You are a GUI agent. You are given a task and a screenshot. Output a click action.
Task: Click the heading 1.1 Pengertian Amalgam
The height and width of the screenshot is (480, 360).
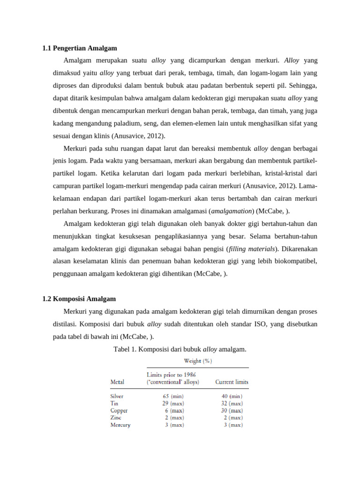(80, 48)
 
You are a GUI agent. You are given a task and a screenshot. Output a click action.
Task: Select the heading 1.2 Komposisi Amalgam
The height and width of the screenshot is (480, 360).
(79, 299)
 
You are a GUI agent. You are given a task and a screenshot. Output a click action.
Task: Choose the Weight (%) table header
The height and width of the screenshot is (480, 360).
(198, 361)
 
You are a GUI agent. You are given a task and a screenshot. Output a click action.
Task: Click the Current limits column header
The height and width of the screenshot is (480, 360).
(232, 382)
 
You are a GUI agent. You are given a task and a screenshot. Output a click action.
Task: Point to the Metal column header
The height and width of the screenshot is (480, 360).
(117, 382)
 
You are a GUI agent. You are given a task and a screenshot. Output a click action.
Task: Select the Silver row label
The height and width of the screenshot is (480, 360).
(117, 396)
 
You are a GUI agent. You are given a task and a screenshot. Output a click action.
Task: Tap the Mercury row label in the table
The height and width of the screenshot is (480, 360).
(120, 425)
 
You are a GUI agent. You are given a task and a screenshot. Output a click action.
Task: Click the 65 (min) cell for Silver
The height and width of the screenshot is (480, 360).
(173, 396)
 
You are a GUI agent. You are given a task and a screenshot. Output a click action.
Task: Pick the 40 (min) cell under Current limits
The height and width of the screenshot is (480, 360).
(232, 396)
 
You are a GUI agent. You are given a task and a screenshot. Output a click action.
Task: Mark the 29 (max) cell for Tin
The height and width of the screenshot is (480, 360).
(173, 403)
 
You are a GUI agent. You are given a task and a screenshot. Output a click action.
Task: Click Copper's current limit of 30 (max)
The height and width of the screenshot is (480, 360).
(232, 411)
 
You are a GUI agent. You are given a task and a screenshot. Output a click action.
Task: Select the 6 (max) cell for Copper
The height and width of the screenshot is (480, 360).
(174, 411)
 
